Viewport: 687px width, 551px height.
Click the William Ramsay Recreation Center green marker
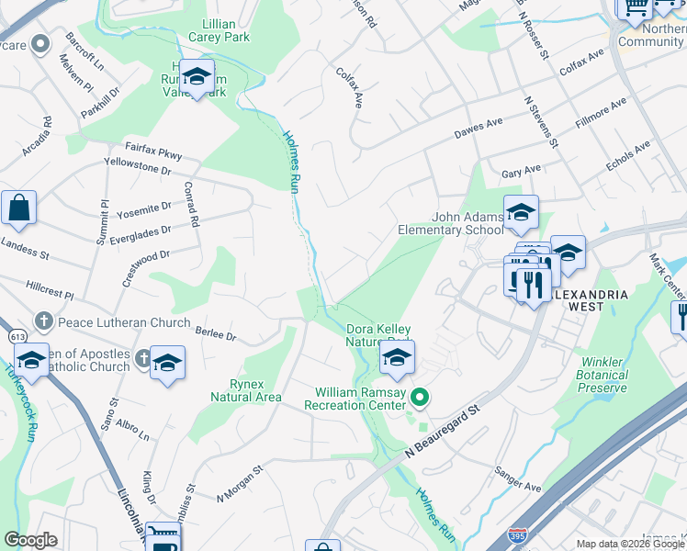tap(421, 398)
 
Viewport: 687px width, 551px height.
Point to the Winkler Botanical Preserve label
tap(602, 368)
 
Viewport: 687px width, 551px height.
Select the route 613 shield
tap(18, 337)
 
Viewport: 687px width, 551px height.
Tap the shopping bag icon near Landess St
tap(18, 210)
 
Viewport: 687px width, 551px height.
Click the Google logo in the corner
tap(30, 540)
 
